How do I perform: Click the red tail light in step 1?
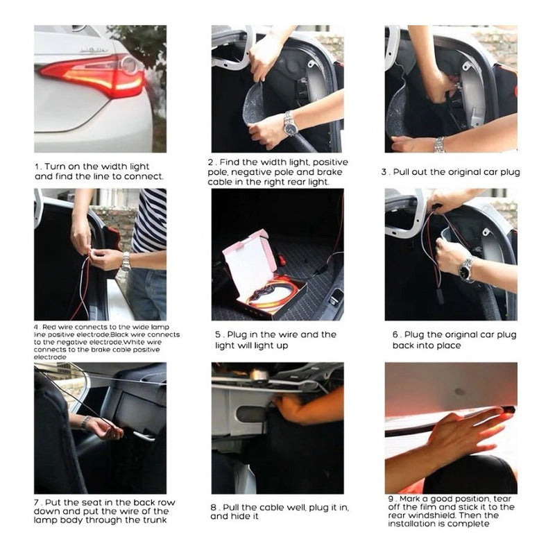click(x=94, y=76)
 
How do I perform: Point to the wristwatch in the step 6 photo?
click(x=466, y=269)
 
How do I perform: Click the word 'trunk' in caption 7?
click(x=155, y=520)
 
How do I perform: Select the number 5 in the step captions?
click(x=218, y=335)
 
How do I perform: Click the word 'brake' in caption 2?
click(x=330, y=172)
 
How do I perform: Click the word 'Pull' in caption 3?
click(x=402, y=172)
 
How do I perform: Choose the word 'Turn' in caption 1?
click(x=55, y=166)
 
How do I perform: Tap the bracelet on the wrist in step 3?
click(x=439, y=144)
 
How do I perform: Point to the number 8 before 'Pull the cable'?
click(x=213, y=508)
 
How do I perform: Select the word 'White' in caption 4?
click(x=133, y=342)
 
